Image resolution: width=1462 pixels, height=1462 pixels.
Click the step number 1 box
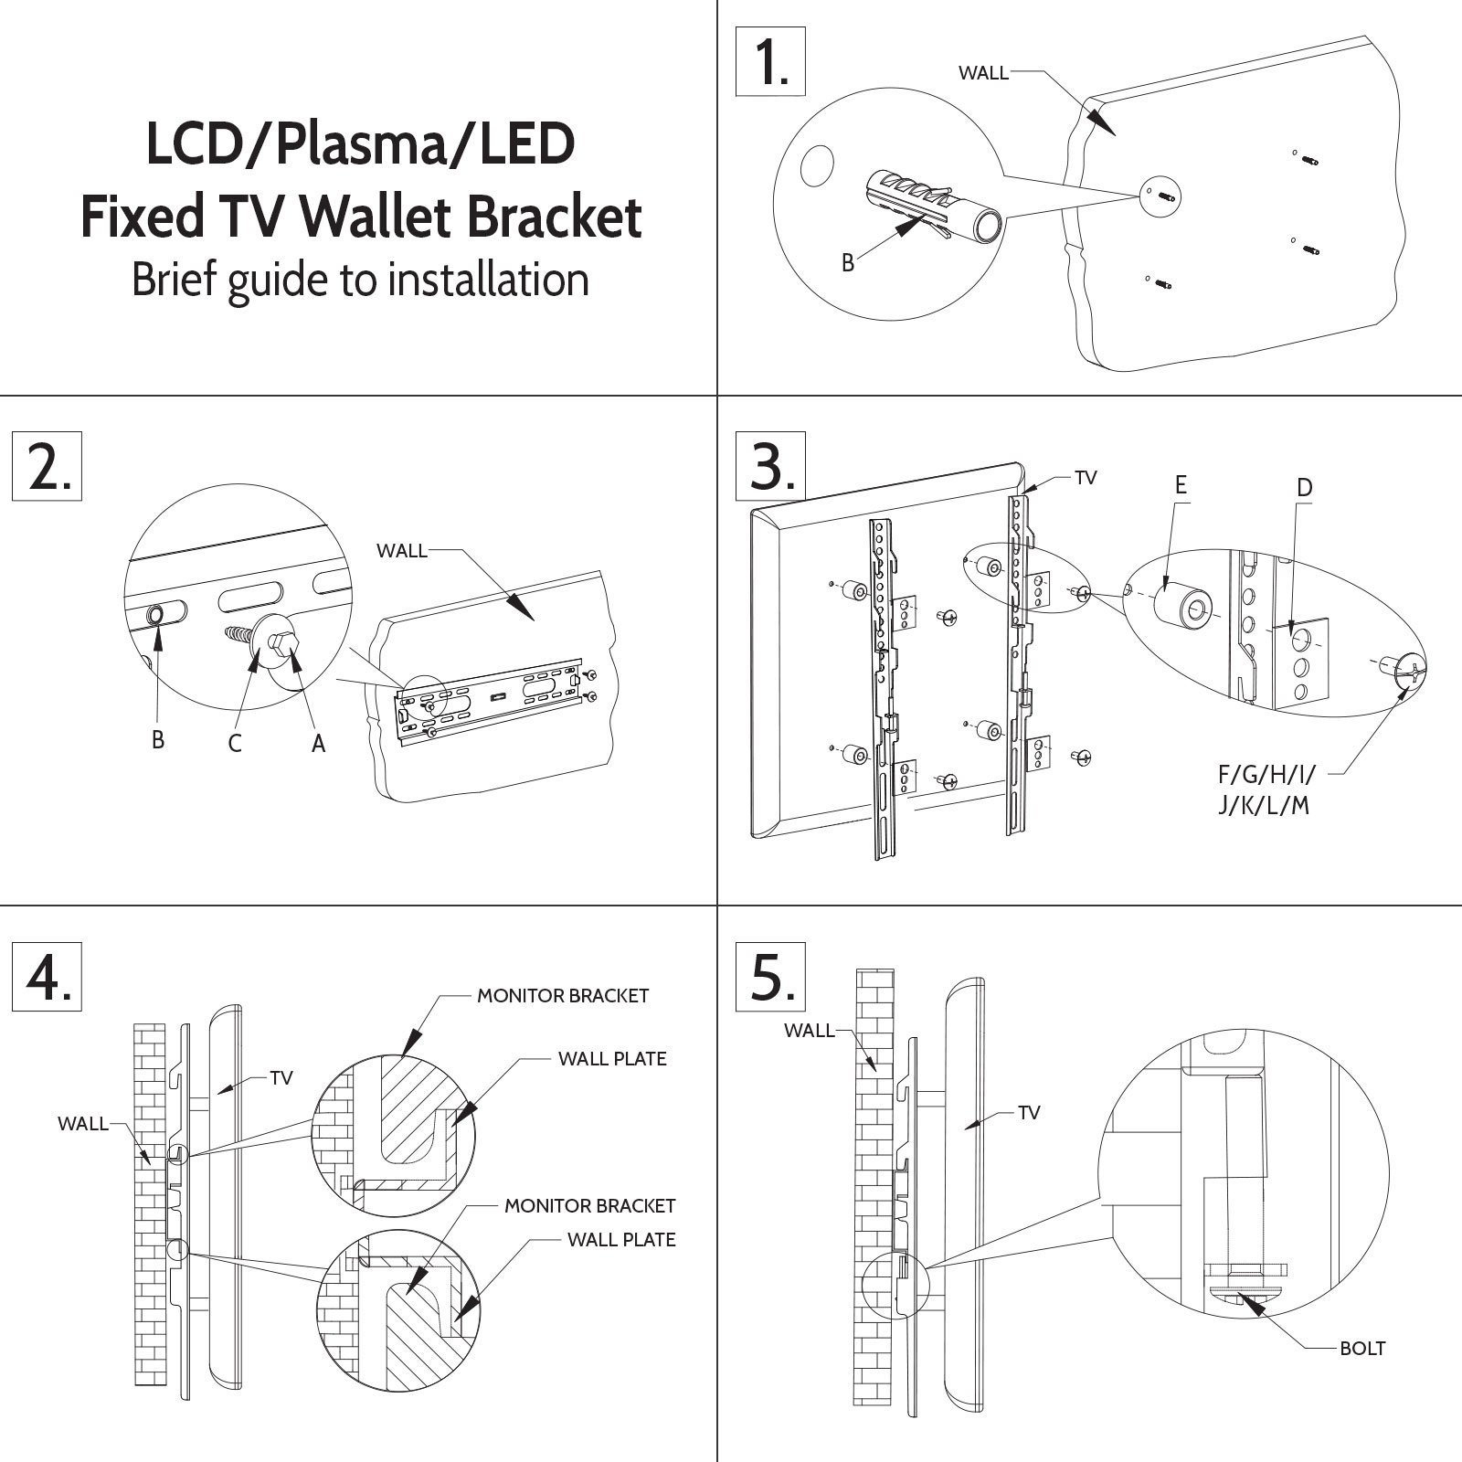coord(770,61)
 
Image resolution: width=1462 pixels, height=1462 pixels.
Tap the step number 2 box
coord(47,466)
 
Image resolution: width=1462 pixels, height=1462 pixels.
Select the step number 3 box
coord(771,466)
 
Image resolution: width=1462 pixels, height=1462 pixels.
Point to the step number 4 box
coord(47,977)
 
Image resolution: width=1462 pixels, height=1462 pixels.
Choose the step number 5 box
coord(771,977)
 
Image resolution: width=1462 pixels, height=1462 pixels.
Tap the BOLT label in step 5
coord(1362,1373)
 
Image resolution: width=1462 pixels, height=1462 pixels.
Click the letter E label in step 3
coord(1181,485)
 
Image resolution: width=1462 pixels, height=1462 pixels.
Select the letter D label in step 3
coord(1304,487)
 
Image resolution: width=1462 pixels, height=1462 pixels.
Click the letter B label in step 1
coord(848,263)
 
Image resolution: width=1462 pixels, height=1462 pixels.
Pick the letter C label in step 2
coord(235,743)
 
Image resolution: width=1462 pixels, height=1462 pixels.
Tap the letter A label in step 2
coord(318,744)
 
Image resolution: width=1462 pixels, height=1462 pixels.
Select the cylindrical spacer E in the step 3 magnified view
coord(1183,604)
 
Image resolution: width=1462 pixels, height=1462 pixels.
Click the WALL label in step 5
coord(809,1031)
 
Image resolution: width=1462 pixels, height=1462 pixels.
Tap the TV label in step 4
coord(281,1078)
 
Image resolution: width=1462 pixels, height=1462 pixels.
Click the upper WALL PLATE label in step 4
coord(612,1059)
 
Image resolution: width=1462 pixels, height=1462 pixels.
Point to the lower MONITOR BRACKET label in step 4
coord(589,1206)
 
